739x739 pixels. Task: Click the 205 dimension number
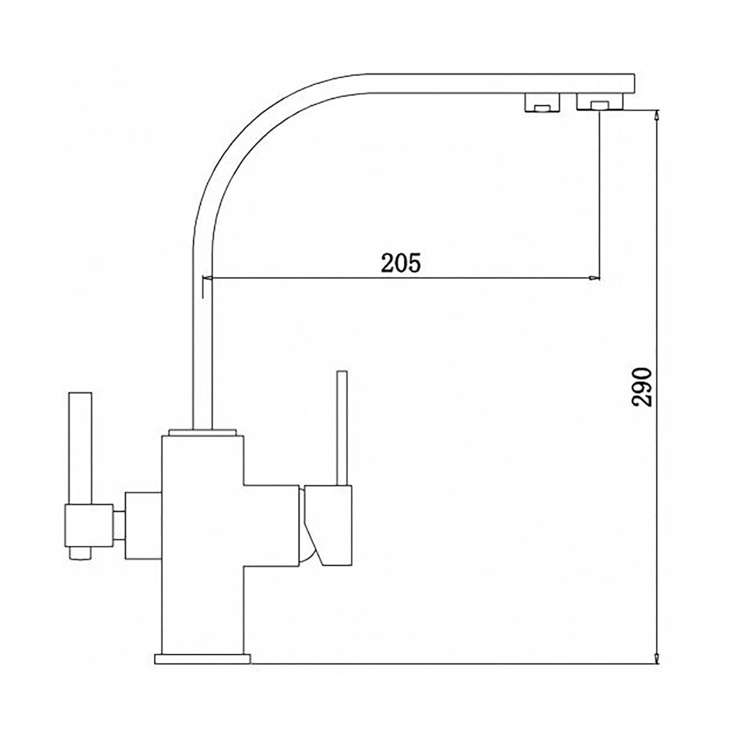pyautogui.click(x=400, y=263)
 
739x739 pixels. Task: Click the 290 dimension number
pyautogui.click(x=642, y=387)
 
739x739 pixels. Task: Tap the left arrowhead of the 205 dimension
pyautogui.click(x=208, y=278)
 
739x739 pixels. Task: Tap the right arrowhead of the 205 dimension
pyautogui.click(x=595, y=278)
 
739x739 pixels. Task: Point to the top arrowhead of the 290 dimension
pyautogui.click(x=657, y=116)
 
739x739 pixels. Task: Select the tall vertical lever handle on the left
pyautogui.click(x=80, y=448)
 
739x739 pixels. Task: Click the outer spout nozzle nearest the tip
pyautogui.click(x=599, y=102)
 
